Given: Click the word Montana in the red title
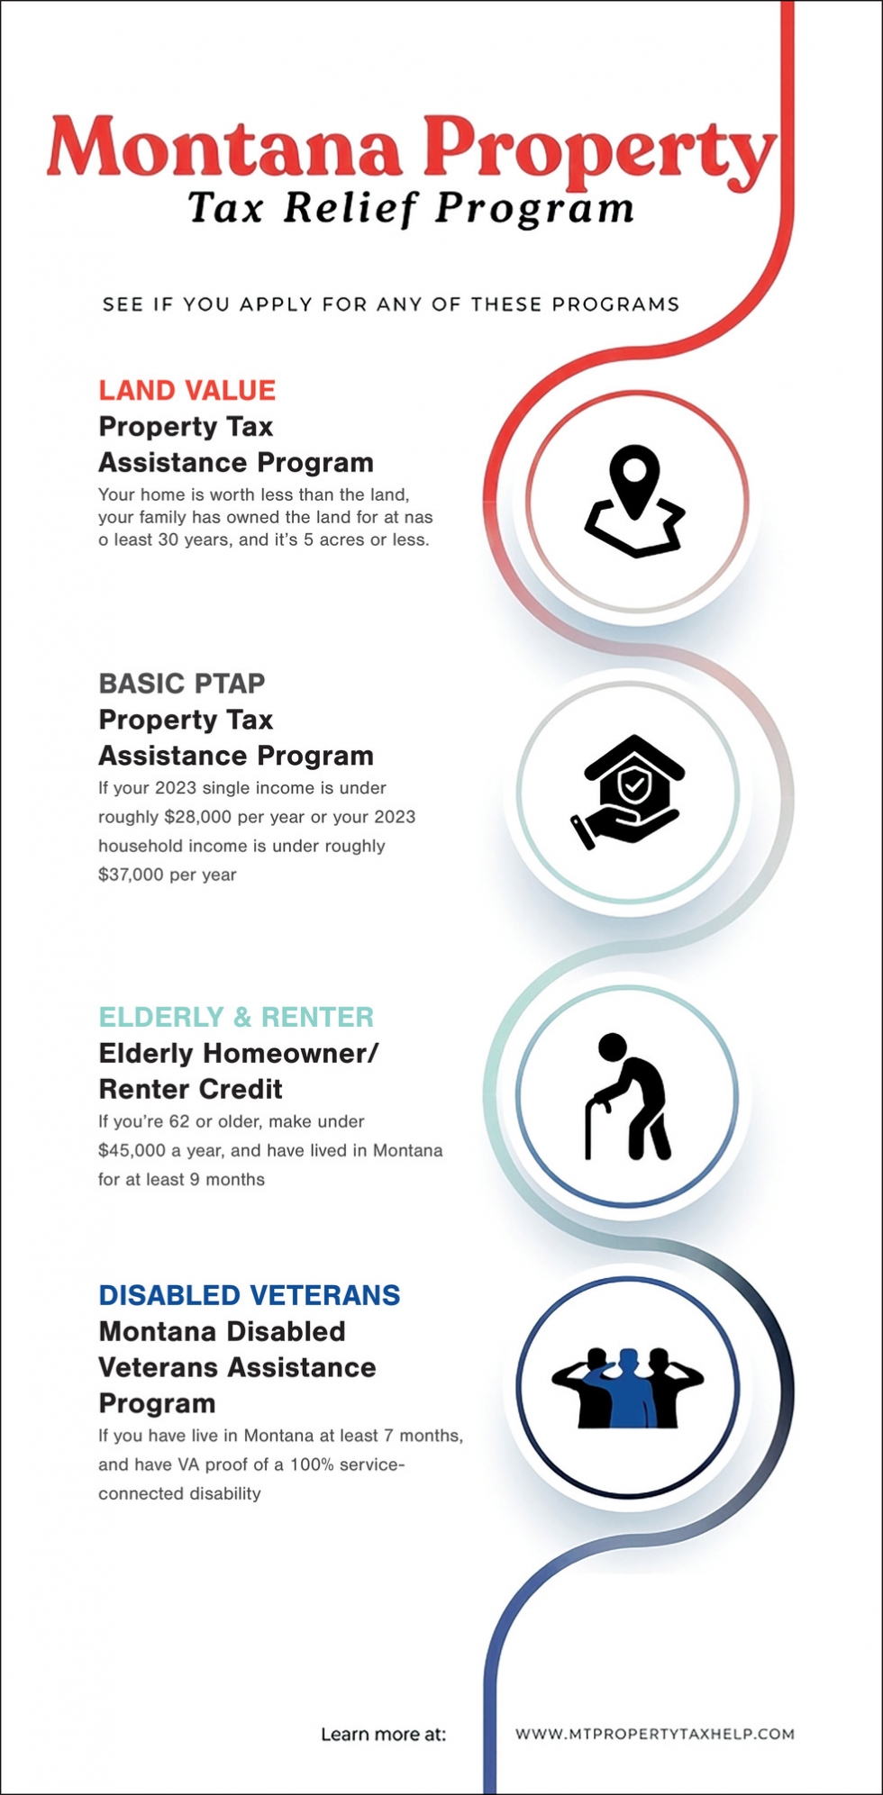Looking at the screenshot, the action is pyautogui.click(x=224, y=148).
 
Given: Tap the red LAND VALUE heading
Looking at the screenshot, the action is pyautogui.click(x=187, y=390).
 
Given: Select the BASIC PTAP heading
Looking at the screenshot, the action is pyautogui.click(x=182, y=684).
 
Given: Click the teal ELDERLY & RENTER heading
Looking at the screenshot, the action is pyautogui.click(x=236, y=1017).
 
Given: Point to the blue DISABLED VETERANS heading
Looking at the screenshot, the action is pyautogui.click(x=250, y=1295).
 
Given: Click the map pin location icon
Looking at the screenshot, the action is pyautogui.click(x=635, y=501).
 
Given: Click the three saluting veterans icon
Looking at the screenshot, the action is pyautogui.click(x=628, y=1388).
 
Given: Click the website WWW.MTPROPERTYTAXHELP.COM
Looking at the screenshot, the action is pyautogui.click(x=655, y=1734).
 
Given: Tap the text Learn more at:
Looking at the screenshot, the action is pyautogui.click(x=384, y=1735).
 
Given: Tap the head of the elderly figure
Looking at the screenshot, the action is pyautogui.click(x=613, y=1047).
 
